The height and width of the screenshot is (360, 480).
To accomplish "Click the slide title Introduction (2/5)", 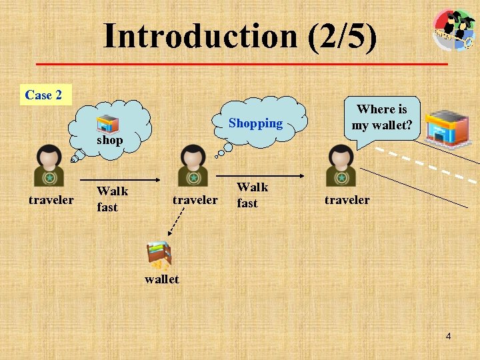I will pyautogui.click(x=240, y=36).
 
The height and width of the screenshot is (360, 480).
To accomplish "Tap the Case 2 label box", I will pyautogui.click(x=43, y=95).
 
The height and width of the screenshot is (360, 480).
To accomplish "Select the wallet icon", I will pyautogui.click(x=159, y=255).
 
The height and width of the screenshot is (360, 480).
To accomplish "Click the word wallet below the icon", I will pyautogui.click(x=161, y=279).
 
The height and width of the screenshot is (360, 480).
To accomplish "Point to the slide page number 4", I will pyautogui.click(x=448, y=337).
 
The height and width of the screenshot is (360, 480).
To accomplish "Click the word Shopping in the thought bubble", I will pyautogui.click(x=255, y=123).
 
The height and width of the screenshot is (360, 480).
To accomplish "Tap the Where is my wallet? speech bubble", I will pyautogui.click(x=381, y=117).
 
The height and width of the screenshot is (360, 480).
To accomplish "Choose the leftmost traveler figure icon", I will pyautogui.click(x=49, y=165).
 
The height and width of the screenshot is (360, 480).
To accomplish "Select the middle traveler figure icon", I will pyautogui.click(x=193, y=165).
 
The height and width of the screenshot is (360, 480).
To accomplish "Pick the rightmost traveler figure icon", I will pyautogui.click(x=341, y=165).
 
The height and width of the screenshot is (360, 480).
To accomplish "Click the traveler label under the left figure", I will pyautogui.click(x=51, y=199).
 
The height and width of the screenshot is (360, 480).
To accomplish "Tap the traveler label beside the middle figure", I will pyautogui.click(x=195, y=199).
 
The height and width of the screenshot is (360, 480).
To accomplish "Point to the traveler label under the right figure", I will pyautogui.click(x=347, y=199).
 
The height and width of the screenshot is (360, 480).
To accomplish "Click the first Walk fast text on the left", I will pyautogui.click(x=111, y=199).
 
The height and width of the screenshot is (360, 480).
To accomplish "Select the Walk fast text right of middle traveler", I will pyautogui.click(x=252, y=195).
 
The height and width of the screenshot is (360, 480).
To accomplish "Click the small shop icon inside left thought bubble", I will pyautogui.click(x=107, y=125).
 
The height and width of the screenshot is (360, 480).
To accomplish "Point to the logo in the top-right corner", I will pyautogui.click(x=454, y=29).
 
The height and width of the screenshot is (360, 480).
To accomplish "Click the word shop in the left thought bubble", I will pyautogui.click(x=109, y=141).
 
